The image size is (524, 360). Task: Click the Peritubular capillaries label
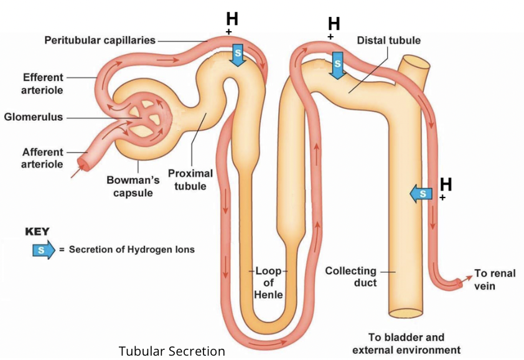[x=100, y=40]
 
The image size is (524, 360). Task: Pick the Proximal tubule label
[x=190, y=180]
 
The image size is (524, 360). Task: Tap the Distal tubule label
[x=388, y=40]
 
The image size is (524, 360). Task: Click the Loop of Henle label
[x=269, y=283]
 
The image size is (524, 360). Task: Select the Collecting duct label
[x=351, y=277]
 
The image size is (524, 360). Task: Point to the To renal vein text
[x=494, y=279]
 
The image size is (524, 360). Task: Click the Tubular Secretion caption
[x=172, y=351]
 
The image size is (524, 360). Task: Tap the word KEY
[x=37, y=231]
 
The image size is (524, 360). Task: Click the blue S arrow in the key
[x=42, y=250]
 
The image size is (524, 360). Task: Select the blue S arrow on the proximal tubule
[x=238, y=54]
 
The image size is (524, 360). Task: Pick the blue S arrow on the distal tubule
[x=337, y=64]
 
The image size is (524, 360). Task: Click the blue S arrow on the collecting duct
[x=421, y=194]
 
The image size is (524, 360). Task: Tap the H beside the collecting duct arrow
[x=446, y=184]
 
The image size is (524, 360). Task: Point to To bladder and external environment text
[x=405, y=343]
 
